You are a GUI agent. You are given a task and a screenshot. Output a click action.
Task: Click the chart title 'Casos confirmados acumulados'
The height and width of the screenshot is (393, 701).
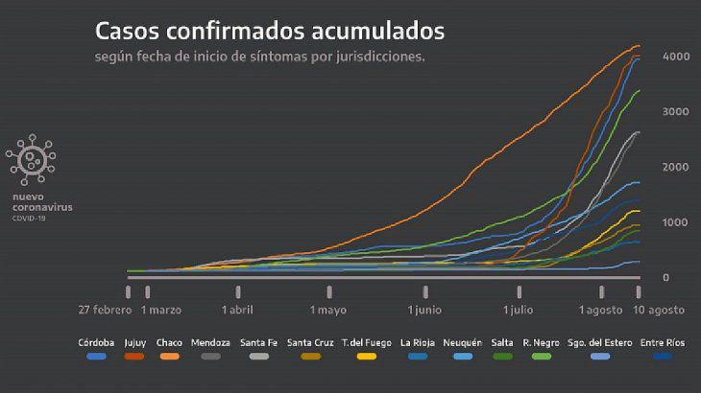270,31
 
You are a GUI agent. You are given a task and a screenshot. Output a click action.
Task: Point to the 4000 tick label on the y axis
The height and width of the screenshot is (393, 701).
676,58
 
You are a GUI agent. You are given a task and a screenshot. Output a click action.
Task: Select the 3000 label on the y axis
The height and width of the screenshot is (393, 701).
676,112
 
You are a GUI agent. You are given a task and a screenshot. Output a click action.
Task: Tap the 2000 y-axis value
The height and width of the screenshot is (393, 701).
676,168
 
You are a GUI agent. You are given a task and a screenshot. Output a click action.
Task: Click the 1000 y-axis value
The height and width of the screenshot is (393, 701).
676,222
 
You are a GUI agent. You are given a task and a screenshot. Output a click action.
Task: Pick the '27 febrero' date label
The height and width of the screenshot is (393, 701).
106,310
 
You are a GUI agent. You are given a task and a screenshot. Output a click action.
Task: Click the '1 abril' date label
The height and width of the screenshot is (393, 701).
238,310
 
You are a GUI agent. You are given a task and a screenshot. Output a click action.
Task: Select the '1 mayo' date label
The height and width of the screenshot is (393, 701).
328,310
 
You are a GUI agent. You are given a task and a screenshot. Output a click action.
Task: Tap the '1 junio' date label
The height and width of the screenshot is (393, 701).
424,310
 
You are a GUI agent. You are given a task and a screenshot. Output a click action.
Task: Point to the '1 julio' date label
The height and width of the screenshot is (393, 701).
519,310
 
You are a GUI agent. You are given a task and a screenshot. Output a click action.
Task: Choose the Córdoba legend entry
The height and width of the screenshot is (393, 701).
96,342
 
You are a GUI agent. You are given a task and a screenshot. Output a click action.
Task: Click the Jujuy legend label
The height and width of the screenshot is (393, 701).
135,342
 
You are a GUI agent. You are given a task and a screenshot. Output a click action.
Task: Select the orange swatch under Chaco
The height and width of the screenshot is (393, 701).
170,357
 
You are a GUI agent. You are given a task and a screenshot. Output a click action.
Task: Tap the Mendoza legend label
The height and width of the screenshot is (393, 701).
210,342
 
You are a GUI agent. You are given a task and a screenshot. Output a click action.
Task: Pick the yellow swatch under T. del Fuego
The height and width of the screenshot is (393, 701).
365,357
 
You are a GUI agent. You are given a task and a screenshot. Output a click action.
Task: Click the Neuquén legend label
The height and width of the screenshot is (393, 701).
463,342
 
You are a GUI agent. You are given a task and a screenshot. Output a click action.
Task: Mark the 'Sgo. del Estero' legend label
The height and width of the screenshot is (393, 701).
600,342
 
